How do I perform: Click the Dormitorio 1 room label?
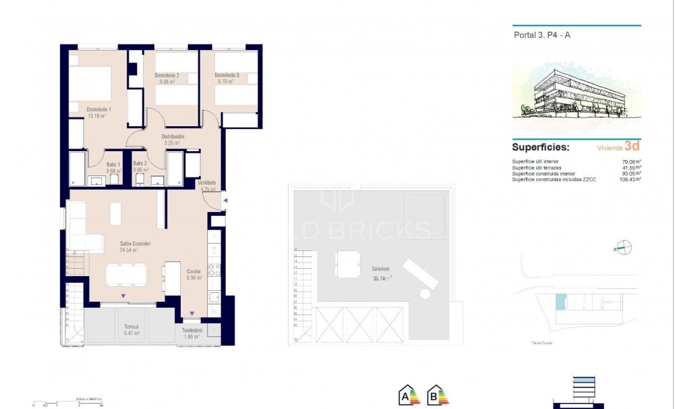coord(98,109)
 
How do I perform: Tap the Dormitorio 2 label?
coord(166,75)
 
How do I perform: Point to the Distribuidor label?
coord(173,136)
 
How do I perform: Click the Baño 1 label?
coord(113,164)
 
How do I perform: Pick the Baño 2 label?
coord(140,164)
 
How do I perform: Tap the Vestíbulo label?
coord(206,183)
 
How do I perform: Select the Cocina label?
coord(194,271)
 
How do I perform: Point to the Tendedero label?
coord(192,330)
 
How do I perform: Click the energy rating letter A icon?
coord(407,395)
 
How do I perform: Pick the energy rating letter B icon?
coord(436,395)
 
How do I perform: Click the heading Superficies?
coord(540,146)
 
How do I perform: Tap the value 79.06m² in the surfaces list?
coord(630,161)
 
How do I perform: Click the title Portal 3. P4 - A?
coord(537,36)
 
